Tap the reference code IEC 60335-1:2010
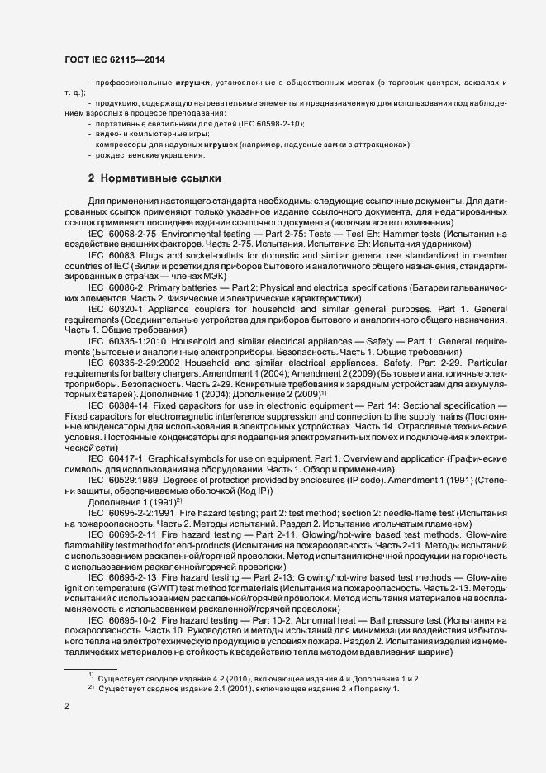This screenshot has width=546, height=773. [x=125, y=341]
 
